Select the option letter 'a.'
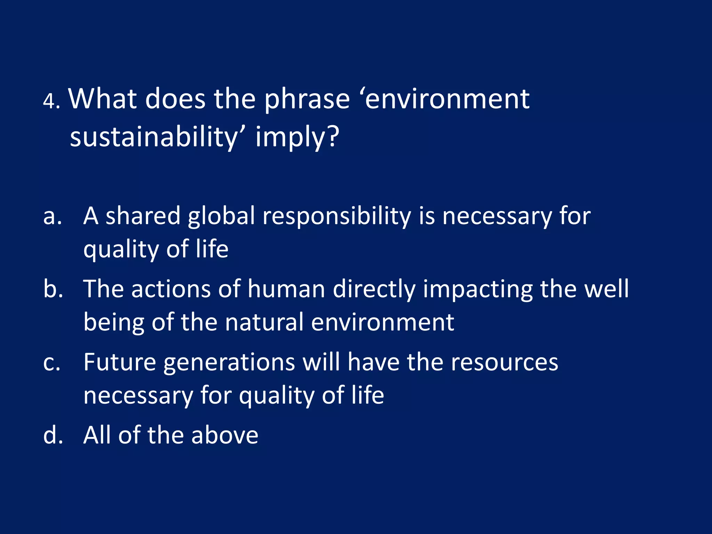(x=52, y=217)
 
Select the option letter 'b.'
(x=53, y=289)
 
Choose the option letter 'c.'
(x=52, y=363)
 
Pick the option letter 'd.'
(x=53, y=436)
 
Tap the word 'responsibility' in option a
(x=337, y=217)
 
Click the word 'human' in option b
(x=286, y=289)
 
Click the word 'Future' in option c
(x=120, y=363)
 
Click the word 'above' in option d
(x=224, y=436)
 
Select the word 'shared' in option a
(x=143, y=217)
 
